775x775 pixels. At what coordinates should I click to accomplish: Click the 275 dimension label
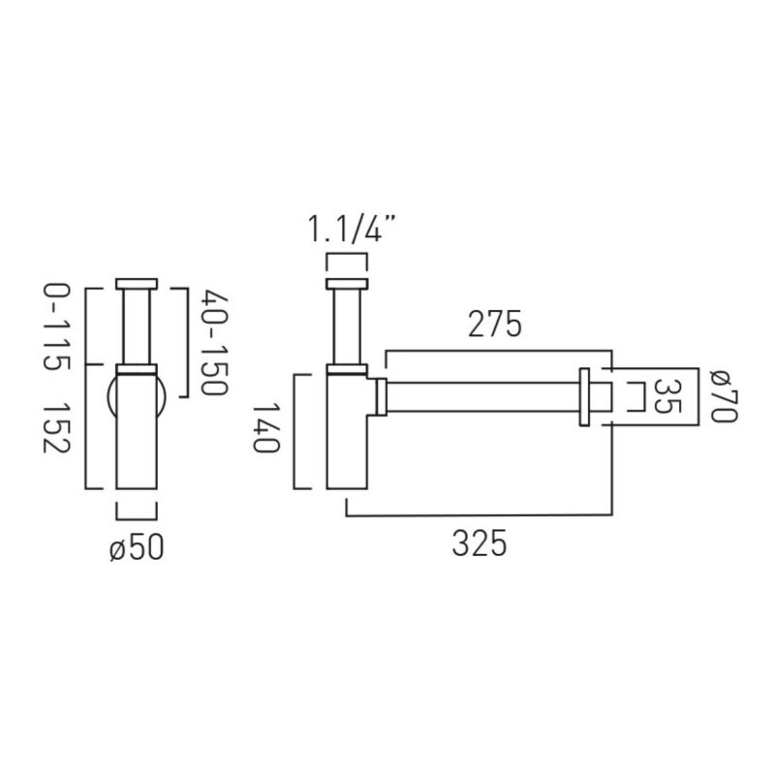495,324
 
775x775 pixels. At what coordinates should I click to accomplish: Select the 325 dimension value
480,543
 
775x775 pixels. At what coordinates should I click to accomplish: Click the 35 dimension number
667,396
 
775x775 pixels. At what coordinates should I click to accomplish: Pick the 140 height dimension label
267,427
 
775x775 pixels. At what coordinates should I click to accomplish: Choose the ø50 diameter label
137,548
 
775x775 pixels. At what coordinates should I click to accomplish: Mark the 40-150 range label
214,343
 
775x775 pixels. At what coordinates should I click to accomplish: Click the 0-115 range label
57,327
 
